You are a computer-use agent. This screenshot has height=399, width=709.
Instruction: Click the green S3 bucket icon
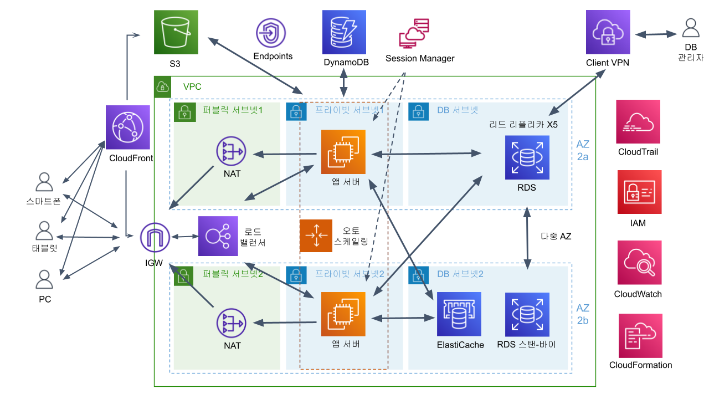176,32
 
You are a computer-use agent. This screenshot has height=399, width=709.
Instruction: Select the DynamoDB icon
344,32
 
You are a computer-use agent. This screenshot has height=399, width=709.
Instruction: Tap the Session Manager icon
414,33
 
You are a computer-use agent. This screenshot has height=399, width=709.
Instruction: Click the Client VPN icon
608,32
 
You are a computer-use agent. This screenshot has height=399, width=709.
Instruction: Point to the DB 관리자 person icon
691,28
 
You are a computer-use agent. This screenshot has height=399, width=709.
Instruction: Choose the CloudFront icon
128,127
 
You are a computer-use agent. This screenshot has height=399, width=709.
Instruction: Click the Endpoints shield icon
271,33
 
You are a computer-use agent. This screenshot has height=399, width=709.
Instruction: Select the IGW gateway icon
155,238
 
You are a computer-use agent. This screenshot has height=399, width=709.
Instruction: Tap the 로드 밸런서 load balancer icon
218,236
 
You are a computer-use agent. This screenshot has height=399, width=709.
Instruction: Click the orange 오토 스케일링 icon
316,236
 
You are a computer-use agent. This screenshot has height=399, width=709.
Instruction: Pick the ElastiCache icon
459,314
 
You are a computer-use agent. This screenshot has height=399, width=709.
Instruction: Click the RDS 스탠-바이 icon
527,314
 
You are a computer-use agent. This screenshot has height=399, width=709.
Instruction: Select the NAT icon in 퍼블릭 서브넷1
231,151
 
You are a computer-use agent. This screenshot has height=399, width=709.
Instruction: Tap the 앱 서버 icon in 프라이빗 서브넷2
343,314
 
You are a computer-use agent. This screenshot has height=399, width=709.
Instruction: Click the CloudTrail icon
638,121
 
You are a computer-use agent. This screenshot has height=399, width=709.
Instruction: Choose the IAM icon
639,192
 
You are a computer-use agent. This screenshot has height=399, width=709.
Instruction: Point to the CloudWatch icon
639,263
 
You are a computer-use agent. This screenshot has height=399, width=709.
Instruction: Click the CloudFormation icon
640,336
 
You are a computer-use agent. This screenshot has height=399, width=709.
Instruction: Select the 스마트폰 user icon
44,182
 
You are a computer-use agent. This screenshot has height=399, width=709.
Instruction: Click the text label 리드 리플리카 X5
523,125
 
